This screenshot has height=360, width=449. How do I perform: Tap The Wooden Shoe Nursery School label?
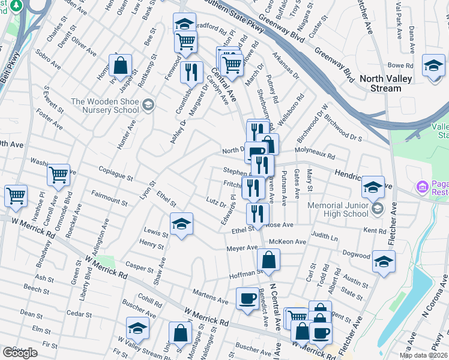[x=105, y=106]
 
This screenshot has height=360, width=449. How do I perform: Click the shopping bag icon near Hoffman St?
[x=268, y=260]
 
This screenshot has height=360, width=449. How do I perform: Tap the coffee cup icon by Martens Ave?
[x=247, y=299]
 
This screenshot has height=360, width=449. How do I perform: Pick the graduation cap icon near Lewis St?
[x=181, y=224]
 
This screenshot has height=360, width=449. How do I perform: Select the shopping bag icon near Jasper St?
[x=121, y=67]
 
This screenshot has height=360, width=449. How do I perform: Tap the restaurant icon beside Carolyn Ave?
[x=191, y=73]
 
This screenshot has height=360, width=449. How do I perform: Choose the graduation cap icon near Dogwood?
[x=384, y=262]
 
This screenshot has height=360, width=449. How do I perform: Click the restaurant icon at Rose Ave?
[x=258, y=214]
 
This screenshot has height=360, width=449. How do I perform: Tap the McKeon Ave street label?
[x=288, y=242]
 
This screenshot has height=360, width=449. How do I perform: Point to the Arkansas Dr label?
[x=285, y=68]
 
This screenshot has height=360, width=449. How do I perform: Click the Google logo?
[x=20, y=353]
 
